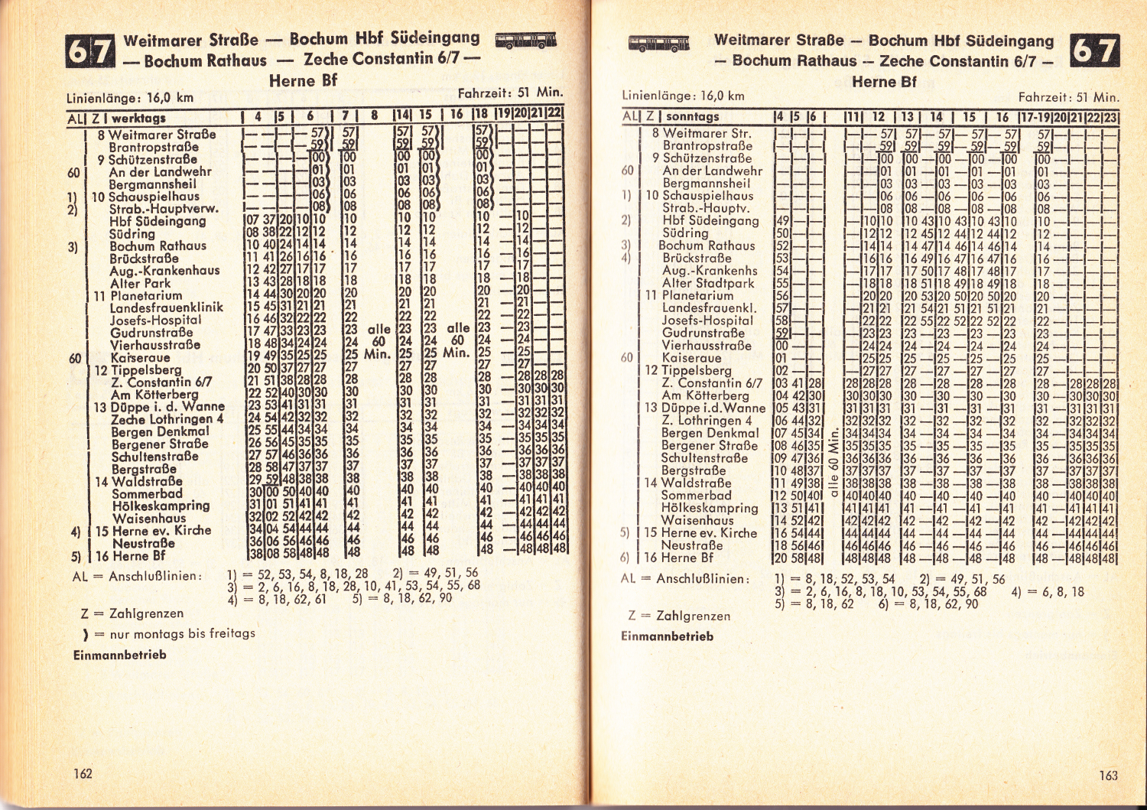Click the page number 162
click(83, 773)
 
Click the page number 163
click(1108, 775)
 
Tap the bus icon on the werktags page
click(525, 41)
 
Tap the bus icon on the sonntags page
click(658, 43)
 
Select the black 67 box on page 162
click(89, 51)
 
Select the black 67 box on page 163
click(1095, 50)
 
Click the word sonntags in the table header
click(692, 116)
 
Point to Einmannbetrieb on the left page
click(119, 655)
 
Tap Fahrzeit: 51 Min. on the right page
click(1067, 97)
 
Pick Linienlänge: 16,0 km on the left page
click(130, 98)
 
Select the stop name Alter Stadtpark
click(708, 283)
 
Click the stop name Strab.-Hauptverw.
click(164, 209)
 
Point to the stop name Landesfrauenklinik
click(167, 307)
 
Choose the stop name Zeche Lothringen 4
click(167, 419)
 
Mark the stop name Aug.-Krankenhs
click(710, 271)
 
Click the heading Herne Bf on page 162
click(303, 80)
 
